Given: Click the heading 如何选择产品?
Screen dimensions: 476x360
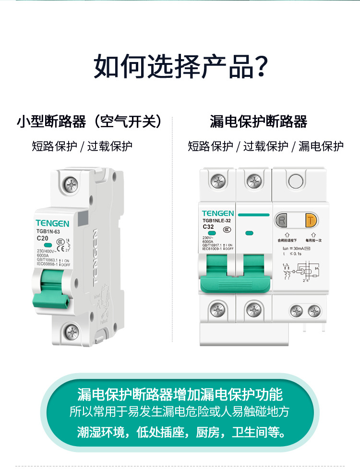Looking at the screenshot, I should click(180, 66).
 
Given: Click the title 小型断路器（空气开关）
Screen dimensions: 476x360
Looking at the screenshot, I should click(89, 122).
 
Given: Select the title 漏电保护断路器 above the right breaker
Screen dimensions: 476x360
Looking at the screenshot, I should click(258, 122).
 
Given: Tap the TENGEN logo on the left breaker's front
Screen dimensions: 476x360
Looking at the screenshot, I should click(52, 224).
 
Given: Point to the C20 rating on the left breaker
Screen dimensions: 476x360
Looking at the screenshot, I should click(42, 238).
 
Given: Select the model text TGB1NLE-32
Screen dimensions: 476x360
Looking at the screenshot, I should click(217, 220).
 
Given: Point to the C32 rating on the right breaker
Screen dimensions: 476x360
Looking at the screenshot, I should click(208, 226).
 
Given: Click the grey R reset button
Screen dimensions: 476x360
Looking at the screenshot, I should click(282, 221).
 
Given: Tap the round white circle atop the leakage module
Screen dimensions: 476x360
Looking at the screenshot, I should click(296, 182).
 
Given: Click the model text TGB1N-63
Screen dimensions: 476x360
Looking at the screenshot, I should click(48, 232).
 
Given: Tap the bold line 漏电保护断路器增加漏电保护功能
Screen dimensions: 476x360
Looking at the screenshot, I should click(180, 395).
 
